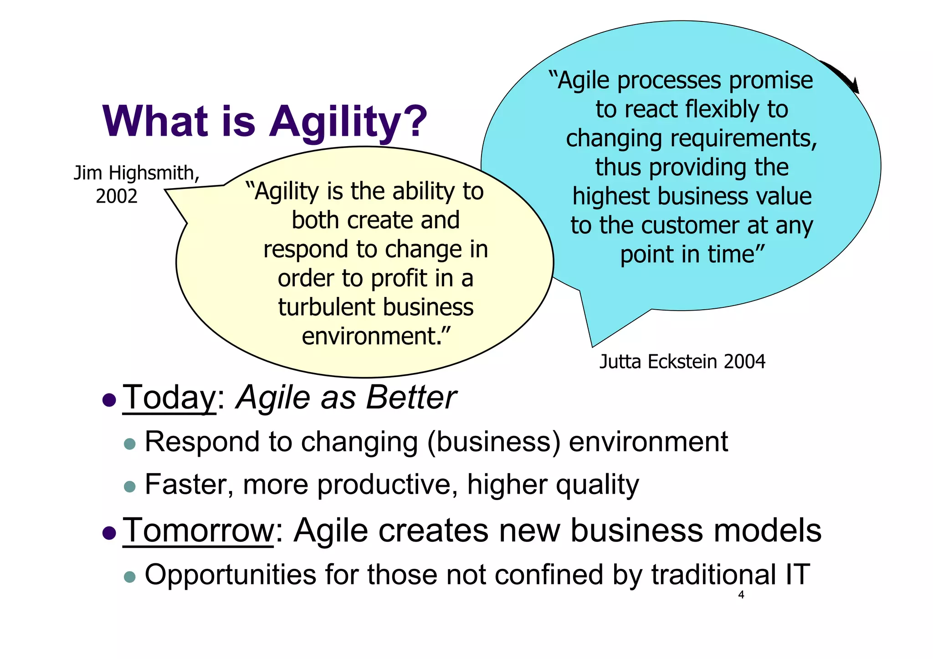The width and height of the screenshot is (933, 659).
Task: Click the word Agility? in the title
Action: [348, 122]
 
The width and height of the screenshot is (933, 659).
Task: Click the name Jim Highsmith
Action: [136, 173]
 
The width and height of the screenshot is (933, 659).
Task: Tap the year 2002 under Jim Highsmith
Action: [117, 196]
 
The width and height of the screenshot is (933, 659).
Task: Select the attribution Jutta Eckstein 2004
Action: [682, 362]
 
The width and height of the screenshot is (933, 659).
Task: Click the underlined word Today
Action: [169, 398]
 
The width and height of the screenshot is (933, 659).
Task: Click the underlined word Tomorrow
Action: [198, 531]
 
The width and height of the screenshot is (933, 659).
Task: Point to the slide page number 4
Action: [741, 595]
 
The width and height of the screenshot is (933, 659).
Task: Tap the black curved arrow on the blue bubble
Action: [843, 76]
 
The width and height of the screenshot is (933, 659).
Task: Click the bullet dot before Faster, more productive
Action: [130, 486]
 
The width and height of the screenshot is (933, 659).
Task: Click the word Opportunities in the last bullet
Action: [230, 575]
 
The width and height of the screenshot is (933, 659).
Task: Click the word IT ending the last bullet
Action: [797, 574]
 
